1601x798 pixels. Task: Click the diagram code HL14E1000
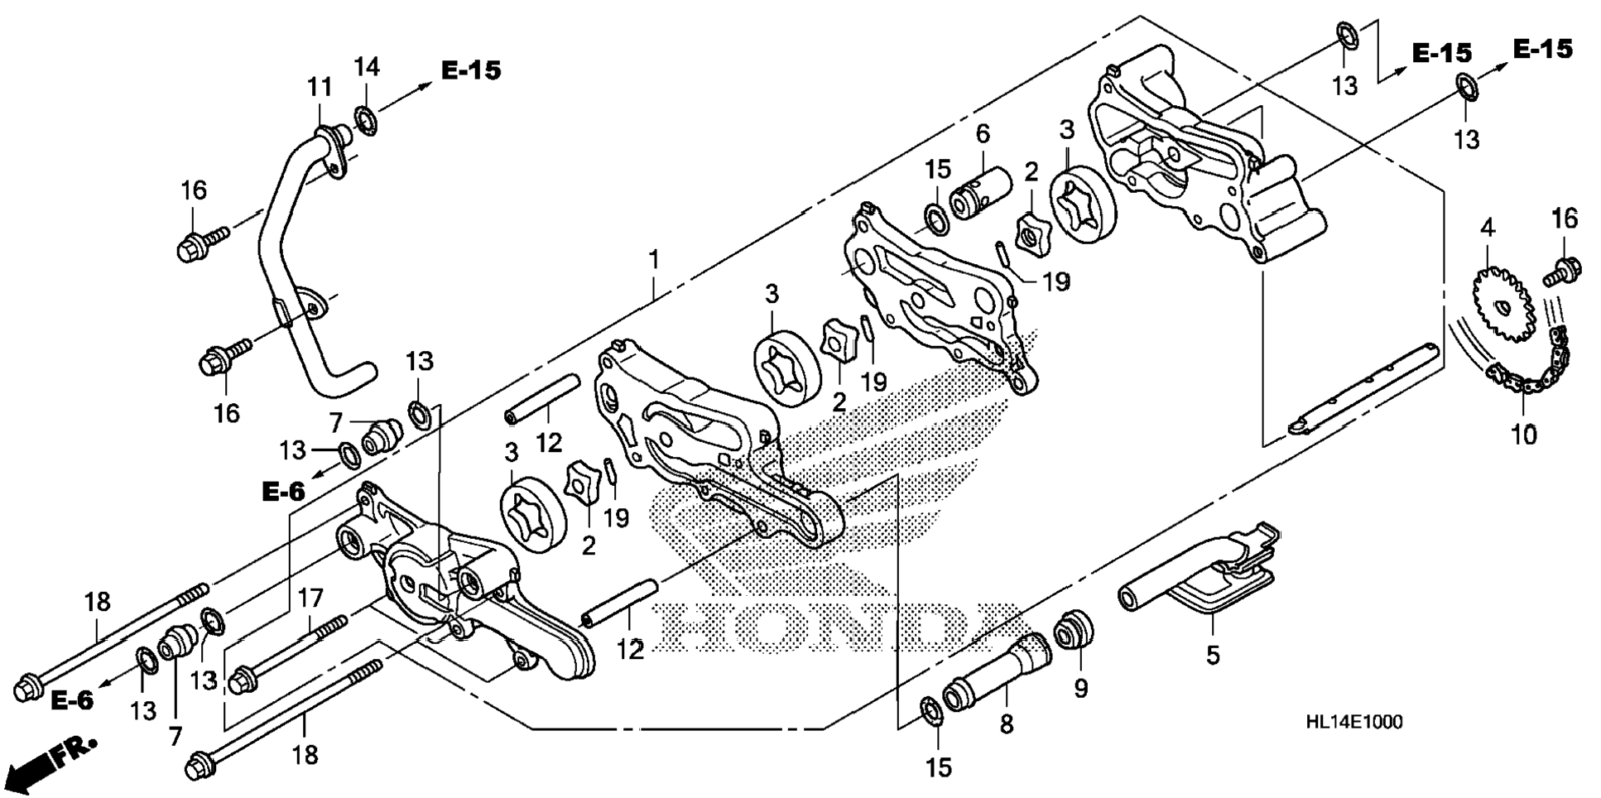pos(1353,723)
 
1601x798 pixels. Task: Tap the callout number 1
pos(654,260)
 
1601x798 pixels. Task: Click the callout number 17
pos(310,598)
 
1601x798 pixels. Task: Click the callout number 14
pos(367,67)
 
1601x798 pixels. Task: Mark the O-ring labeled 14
pos(365,118)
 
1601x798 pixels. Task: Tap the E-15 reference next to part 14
pos(470,70)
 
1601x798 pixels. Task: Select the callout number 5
pos(1213,655)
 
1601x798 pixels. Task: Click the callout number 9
pos(1081,688)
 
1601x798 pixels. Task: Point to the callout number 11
pos(320,87)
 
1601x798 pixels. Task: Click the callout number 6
pos(983,133)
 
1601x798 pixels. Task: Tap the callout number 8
pos(1006,724)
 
